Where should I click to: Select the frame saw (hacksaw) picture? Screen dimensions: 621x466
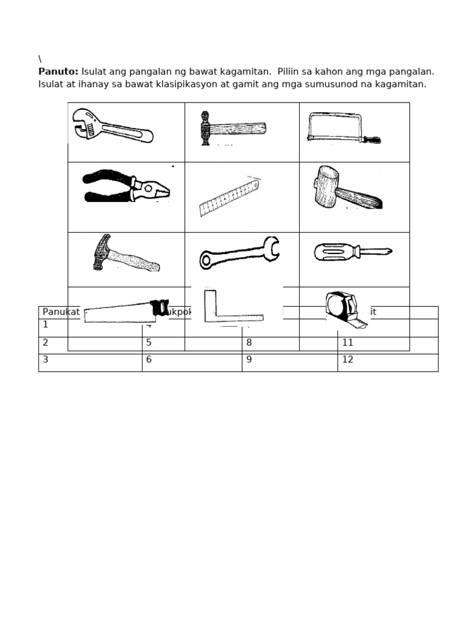(343, 128)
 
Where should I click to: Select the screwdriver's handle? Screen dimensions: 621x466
(336, 252)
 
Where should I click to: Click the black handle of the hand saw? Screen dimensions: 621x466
(161, 307)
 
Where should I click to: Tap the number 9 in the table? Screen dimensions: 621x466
(249, 360)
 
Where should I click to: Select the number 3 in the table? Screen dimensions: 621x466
(46, 359)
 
